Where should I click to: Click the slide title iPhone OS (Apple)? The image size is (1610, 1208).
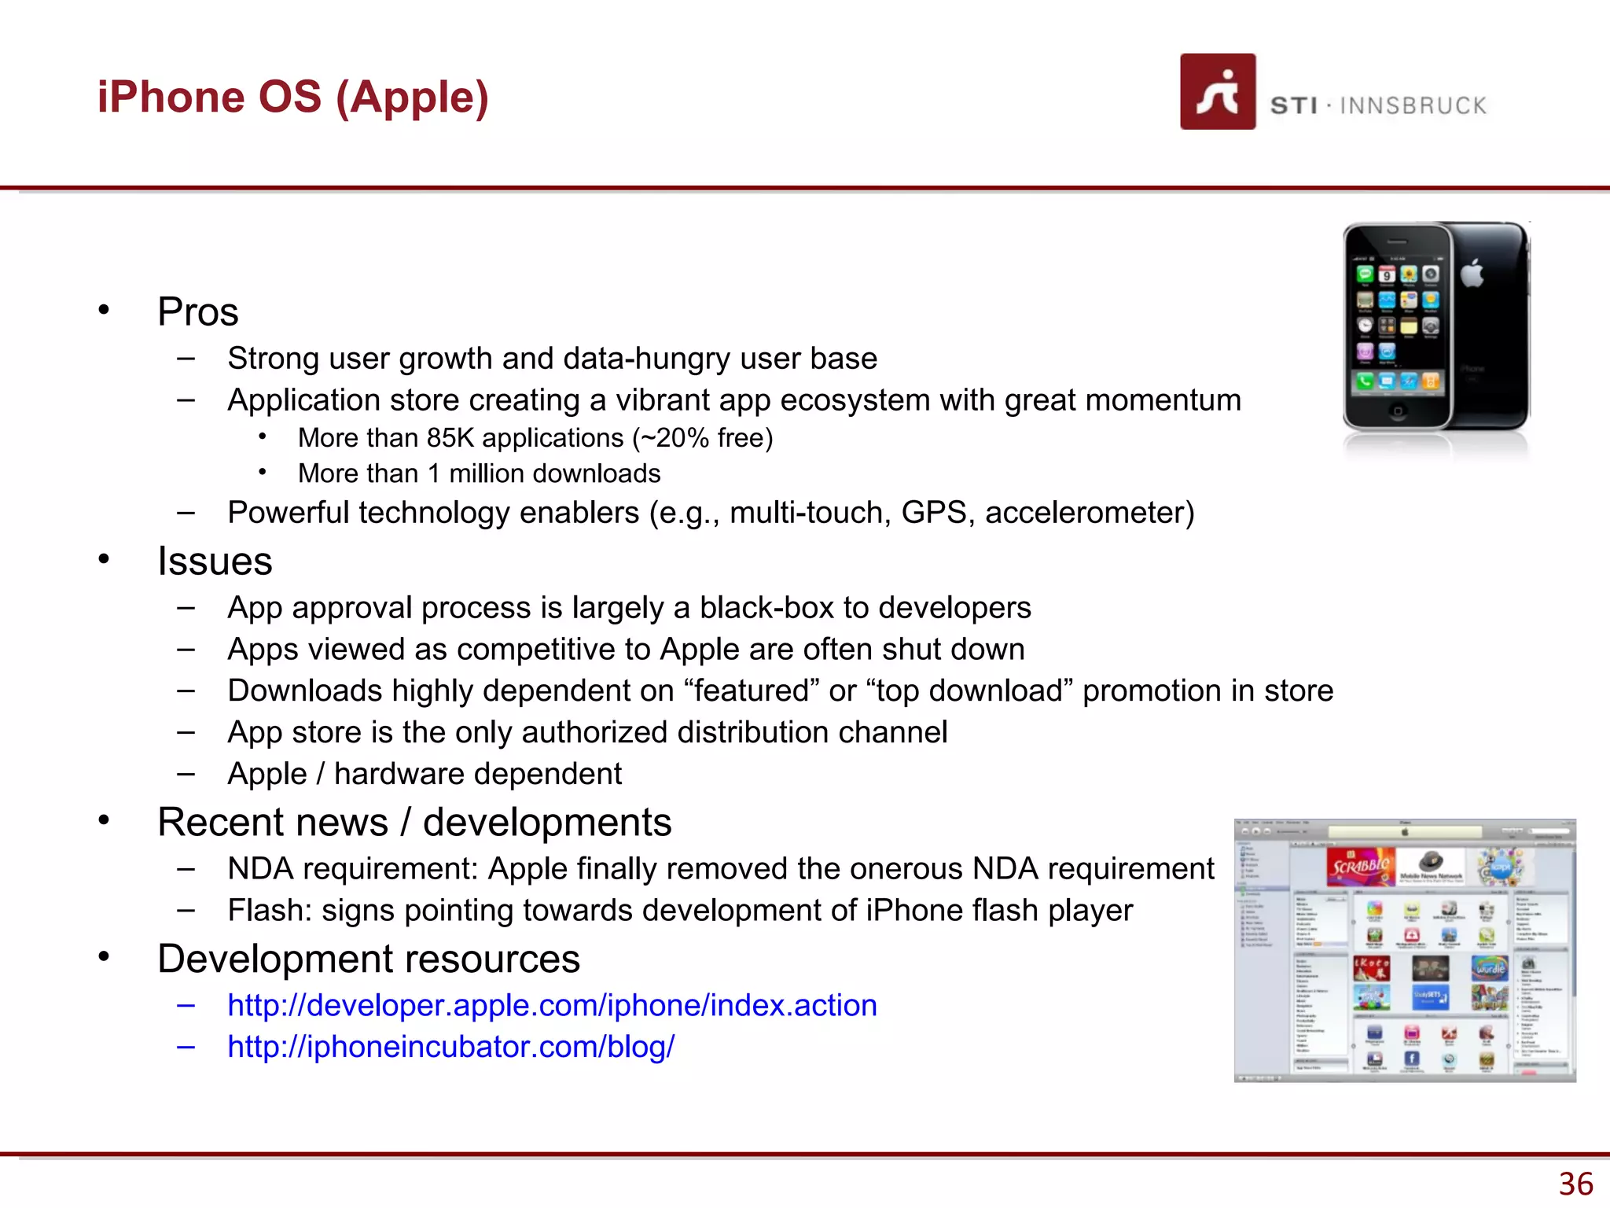point(292,98)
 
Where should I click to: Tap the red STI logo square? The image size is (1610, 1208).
point(1217,92)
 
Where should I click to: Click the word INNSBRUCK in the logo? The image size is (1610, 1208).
point(1413,106)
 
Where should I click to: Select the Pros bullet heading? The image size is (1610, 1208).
point(197,311)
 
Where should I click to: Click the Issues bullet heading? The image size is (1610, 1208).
point(215,562)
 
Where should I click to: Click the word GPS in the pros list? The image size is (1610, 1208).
point(933,513)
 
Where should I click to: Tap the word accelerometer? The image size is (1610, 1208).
point(1089,513)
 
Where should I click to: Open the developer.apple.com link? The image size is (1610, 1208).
point(552,1005)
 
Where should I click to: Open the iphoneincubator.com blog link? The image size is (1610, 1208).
point(450,1047)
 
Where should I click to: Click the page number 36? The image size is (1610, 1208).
point(1575,1184)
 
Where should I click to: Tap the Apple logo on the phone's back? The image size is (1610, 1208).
point(1472,273)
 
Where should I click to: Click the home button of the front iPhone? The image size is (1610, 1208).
point(1397,411)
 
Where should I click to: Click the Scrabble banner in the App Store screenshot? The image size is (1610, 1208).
point(1360,867)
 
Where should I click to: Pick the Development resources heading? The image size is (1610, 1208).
point(368,959)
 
